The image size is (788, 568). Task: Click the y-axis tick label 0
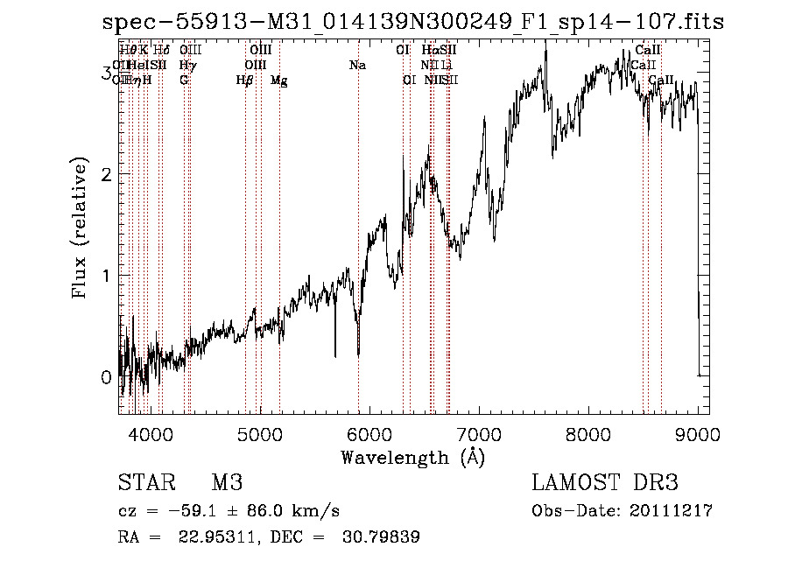coord(106,377)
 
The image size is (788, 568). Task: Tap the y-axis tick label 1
coord(106,276)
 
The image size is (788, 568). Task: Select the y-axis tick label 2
coord(106,174)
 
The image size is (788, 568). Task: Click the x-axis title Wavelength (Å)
coord(412,457)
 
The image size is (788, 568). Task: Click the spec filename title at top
coord(412,21)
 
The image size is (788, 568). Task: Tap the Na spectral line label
coord(357,66)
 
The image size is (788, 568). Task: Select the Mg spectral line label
coord(279,81)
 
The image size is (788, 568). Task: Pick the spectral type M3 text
coord(226,483)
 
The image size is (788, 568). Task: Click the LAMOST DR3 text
coord(605,483)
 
